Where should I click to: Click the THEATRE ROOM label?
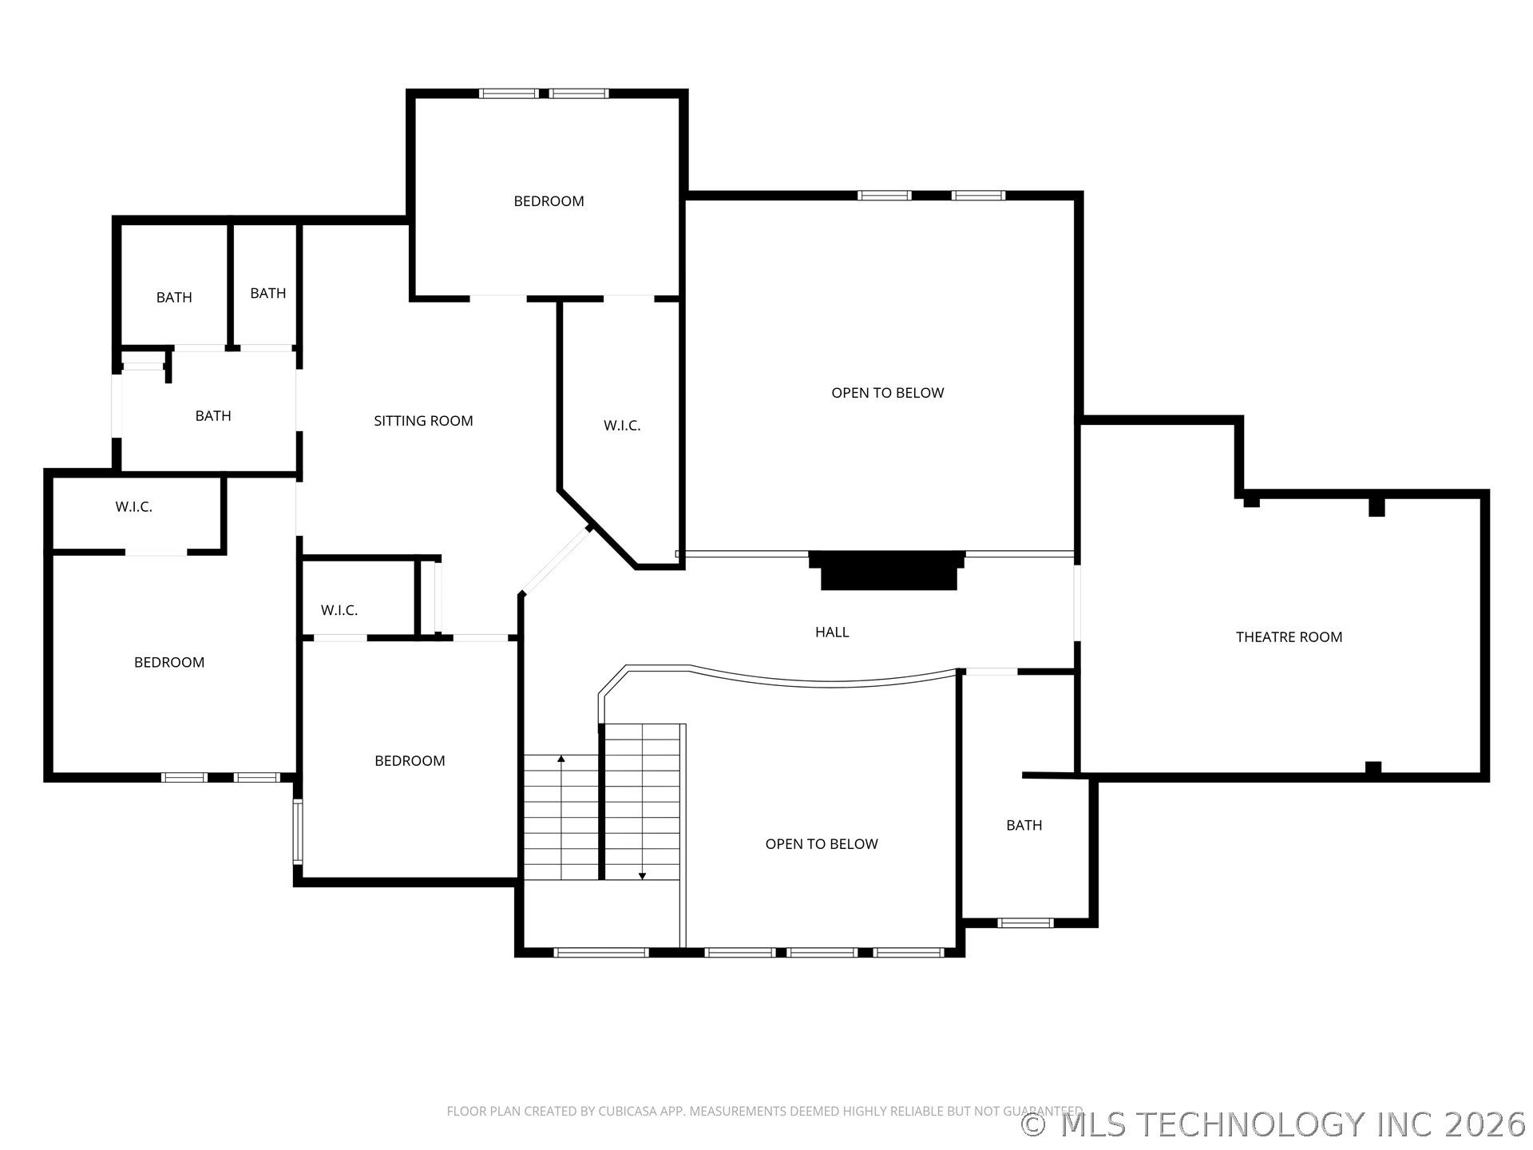pos(1289,636)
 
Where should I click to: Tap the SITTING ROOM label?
pos(423,421)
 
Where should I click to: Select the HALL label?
pos(832,632)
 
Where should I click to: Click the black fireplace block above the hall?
pos(887,570)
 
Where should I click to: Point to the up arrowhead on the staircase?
pos(561,758)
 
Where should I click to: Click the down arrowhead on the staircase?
pos(642,876)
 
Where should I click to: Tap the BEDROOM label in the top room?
pos(549,201)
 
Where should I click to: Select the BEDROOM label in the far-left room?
pos(169,662)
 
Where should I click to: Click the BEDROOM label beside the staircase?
pos(410,761)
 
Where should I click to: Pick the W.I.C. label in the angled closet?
pos(622,426)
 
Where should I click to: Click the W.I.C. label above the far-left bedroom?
pos(133,507)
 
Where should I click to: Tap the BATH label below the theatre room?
pos(1024,825)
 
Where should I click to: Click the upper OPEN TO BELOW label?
pos(887,393)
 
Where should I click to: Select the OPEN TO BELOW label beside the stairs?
pos(822,844)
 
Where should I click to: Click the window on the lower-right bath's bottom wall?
pos(1025,923)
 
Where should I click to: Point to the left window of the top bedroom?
pos(509,93)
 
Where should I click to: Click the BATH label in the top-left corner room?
pos(174,297)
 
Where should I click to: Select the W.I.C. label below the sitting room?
pos(339,610)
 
